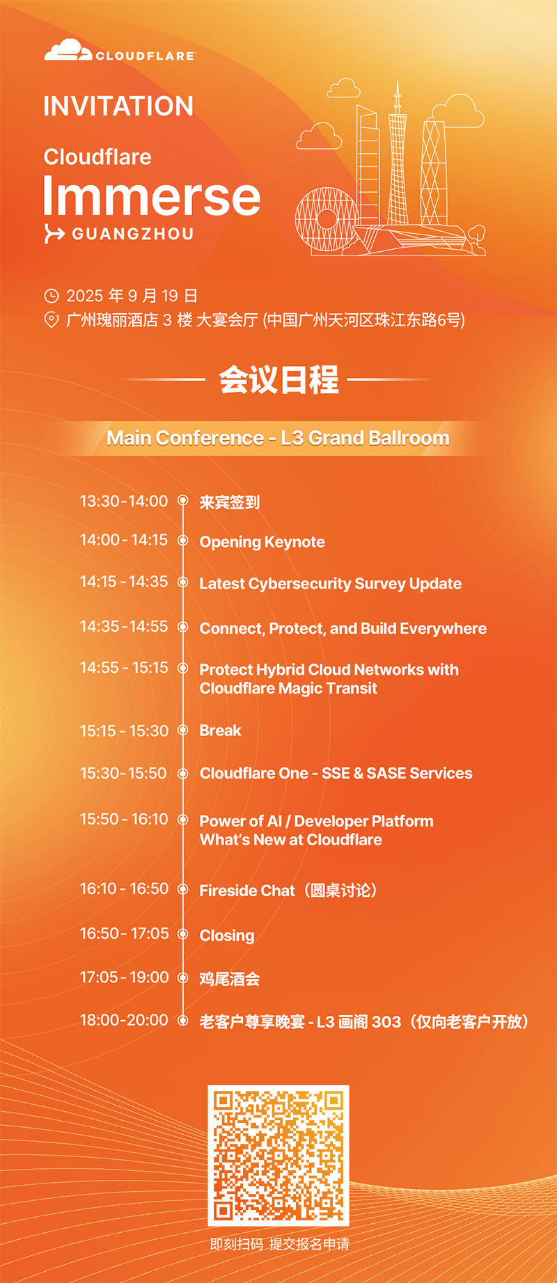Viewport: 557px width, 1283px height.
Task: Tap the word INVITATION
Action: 118,106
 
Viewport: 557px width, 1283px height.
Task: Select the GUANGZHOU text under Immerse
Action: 133,234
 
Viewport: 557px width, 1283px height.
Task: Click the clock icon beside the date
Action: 52,296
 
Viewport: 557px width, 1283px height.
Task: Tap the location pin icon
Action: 52,320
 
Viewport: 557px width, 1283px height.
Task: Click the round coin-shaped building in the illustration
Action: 327,219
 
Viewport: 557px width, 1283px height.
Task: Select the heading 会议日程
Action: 278,380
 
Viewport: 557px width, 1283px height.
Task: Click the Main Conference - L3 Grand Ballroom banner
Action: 278,438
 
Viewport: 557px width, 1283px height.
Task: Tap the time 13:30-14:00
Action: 124,501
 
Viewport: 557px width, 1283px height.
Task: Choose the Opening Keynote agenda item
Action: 262,542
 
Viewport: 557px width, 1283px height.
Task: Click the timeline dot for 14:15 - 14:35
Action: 183,582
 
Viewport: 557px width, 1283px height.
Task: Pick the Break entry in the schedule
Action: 220,731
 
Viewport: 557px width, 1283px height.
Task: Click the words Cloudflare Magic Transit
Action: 288,688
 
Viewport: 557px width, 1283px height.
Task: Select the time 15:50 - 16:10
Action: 124,819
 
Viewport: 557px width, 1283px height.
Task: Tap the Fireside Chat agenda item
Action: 288,891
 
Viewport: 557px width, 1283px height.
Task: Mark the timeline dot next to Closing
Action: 183,934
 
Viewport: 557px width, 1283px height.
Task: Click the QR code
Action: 278,1155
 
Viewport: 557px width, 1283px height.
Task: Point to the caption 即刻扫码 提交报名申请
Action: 279,1244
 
